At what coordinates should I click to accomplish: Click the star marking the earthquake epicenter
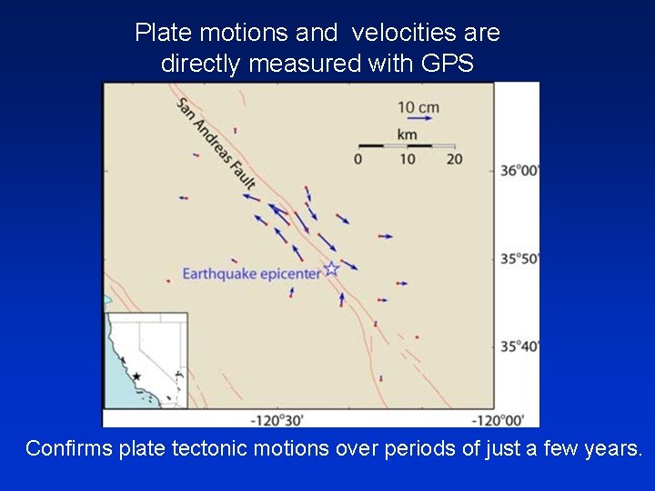[x=332, y=268]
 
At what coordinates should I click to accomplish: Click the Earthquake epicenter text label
[x=251, y=273]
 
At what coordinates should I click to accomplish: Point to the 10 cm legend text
[x=418, y=107]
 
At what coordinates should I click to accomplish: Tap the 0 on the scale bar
[x=358, y=159]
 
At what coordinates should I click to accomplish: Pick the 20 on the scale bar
[x=455, y=159]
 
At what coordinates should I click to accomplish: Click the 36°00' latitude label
[x=519, y=170]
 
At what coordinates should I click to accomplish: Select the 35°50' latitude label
[x=519, y=258]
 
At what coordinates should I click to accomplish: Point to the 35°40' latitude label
[x=519, y=346]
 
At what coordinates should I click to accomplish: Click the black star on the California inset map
[x=136, y=376]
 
